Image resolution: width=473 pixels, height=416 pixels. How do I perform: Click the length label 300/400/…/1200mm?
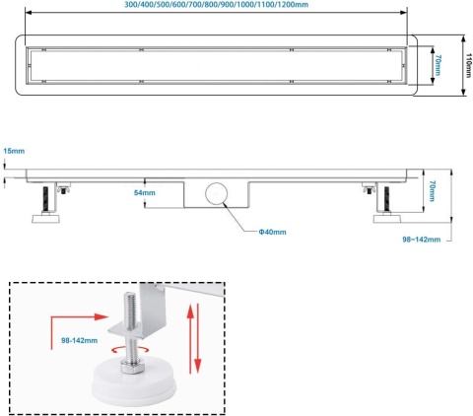click(215, 6)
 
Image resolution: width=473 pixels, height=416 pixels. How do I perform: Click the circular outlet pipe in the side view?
click(214, 193)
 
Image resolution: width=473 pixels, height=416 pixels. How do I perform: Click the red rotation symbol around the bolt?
click(128, 350)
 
